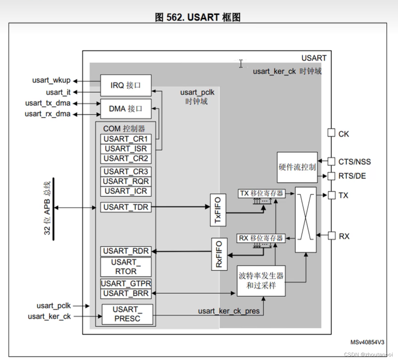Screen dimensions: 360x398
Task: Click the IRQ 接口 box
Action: [126, 85]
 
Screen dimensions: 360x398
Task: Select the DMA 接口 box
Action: [126, 109]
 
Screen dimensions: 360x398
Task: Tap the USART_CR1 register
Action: [126, 139]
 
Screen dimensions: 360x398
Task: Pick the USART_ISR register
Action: [126, 149]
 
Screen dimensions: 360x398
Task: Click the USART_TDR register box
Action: [126, 207]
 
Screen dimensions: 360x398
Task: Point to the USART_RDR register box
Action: [126, 251]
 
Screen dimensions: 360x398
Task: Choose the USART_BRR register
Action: [126, 293]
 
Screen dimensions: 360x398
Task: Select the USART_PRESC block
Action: [127, 314]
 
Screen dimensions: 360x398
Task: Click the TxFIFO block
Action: [218, 210]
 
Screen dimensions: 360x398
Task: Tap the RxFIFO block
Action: [219, 254]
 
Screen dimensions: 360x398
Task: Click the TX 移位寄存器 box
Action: [262, 193]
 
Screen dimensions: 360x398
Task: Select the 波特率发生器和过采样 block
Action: [261, 281]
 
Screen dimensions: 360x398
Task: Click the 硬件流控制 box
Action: [297, 167]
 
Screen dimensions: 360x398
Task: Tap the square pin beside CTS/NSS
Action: [331, 161]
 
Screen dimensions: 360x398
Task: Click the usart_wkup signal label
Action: [51, 81]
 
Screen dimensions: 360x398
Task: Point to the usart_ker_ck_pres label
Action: [229, 311]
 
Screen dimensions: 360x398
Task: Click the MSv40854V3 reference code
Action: [367, 342]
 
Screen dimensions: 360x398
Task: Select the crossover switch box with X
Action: [306, 220]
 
